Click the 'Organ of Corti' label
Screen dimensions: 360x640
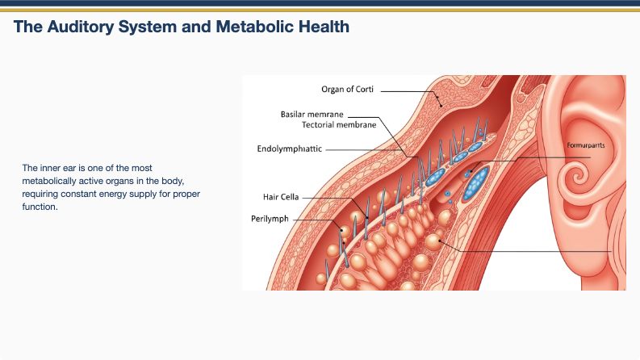click(x=348, y=90)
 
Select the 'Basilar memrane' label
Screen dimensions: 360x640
click(x=312, y=114)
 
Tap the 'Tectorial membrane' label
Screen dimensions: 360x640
click(x=339, y=125)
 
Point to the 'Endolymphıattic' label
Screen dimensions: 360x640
click(x=289, y=149)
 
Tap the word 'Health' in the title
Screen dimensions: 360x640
click(x=322, y=27)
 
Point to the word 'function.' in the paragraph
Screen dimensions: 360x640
click(x=40, y=207)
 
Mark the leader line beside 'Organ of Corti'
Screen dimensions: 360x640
click(x=408, y=91)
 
